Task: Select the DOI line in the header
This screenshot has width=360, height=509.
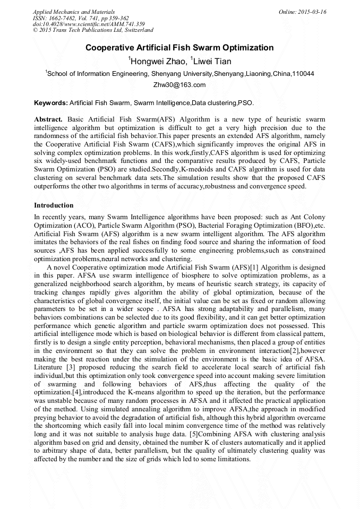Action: [89, 24]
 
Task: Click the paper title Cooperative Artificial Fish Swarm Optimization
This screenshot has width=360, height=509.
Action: [179, 48]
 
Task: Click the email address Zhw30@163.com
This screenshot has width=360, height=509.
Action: [179, 85]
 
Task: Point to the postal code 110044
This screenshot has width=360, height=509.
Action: [303, 74]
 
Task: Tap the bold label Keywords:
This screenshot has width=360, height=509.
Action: [50, 102]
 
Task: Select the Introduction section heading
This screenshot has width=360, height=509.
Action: [54, 205]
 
